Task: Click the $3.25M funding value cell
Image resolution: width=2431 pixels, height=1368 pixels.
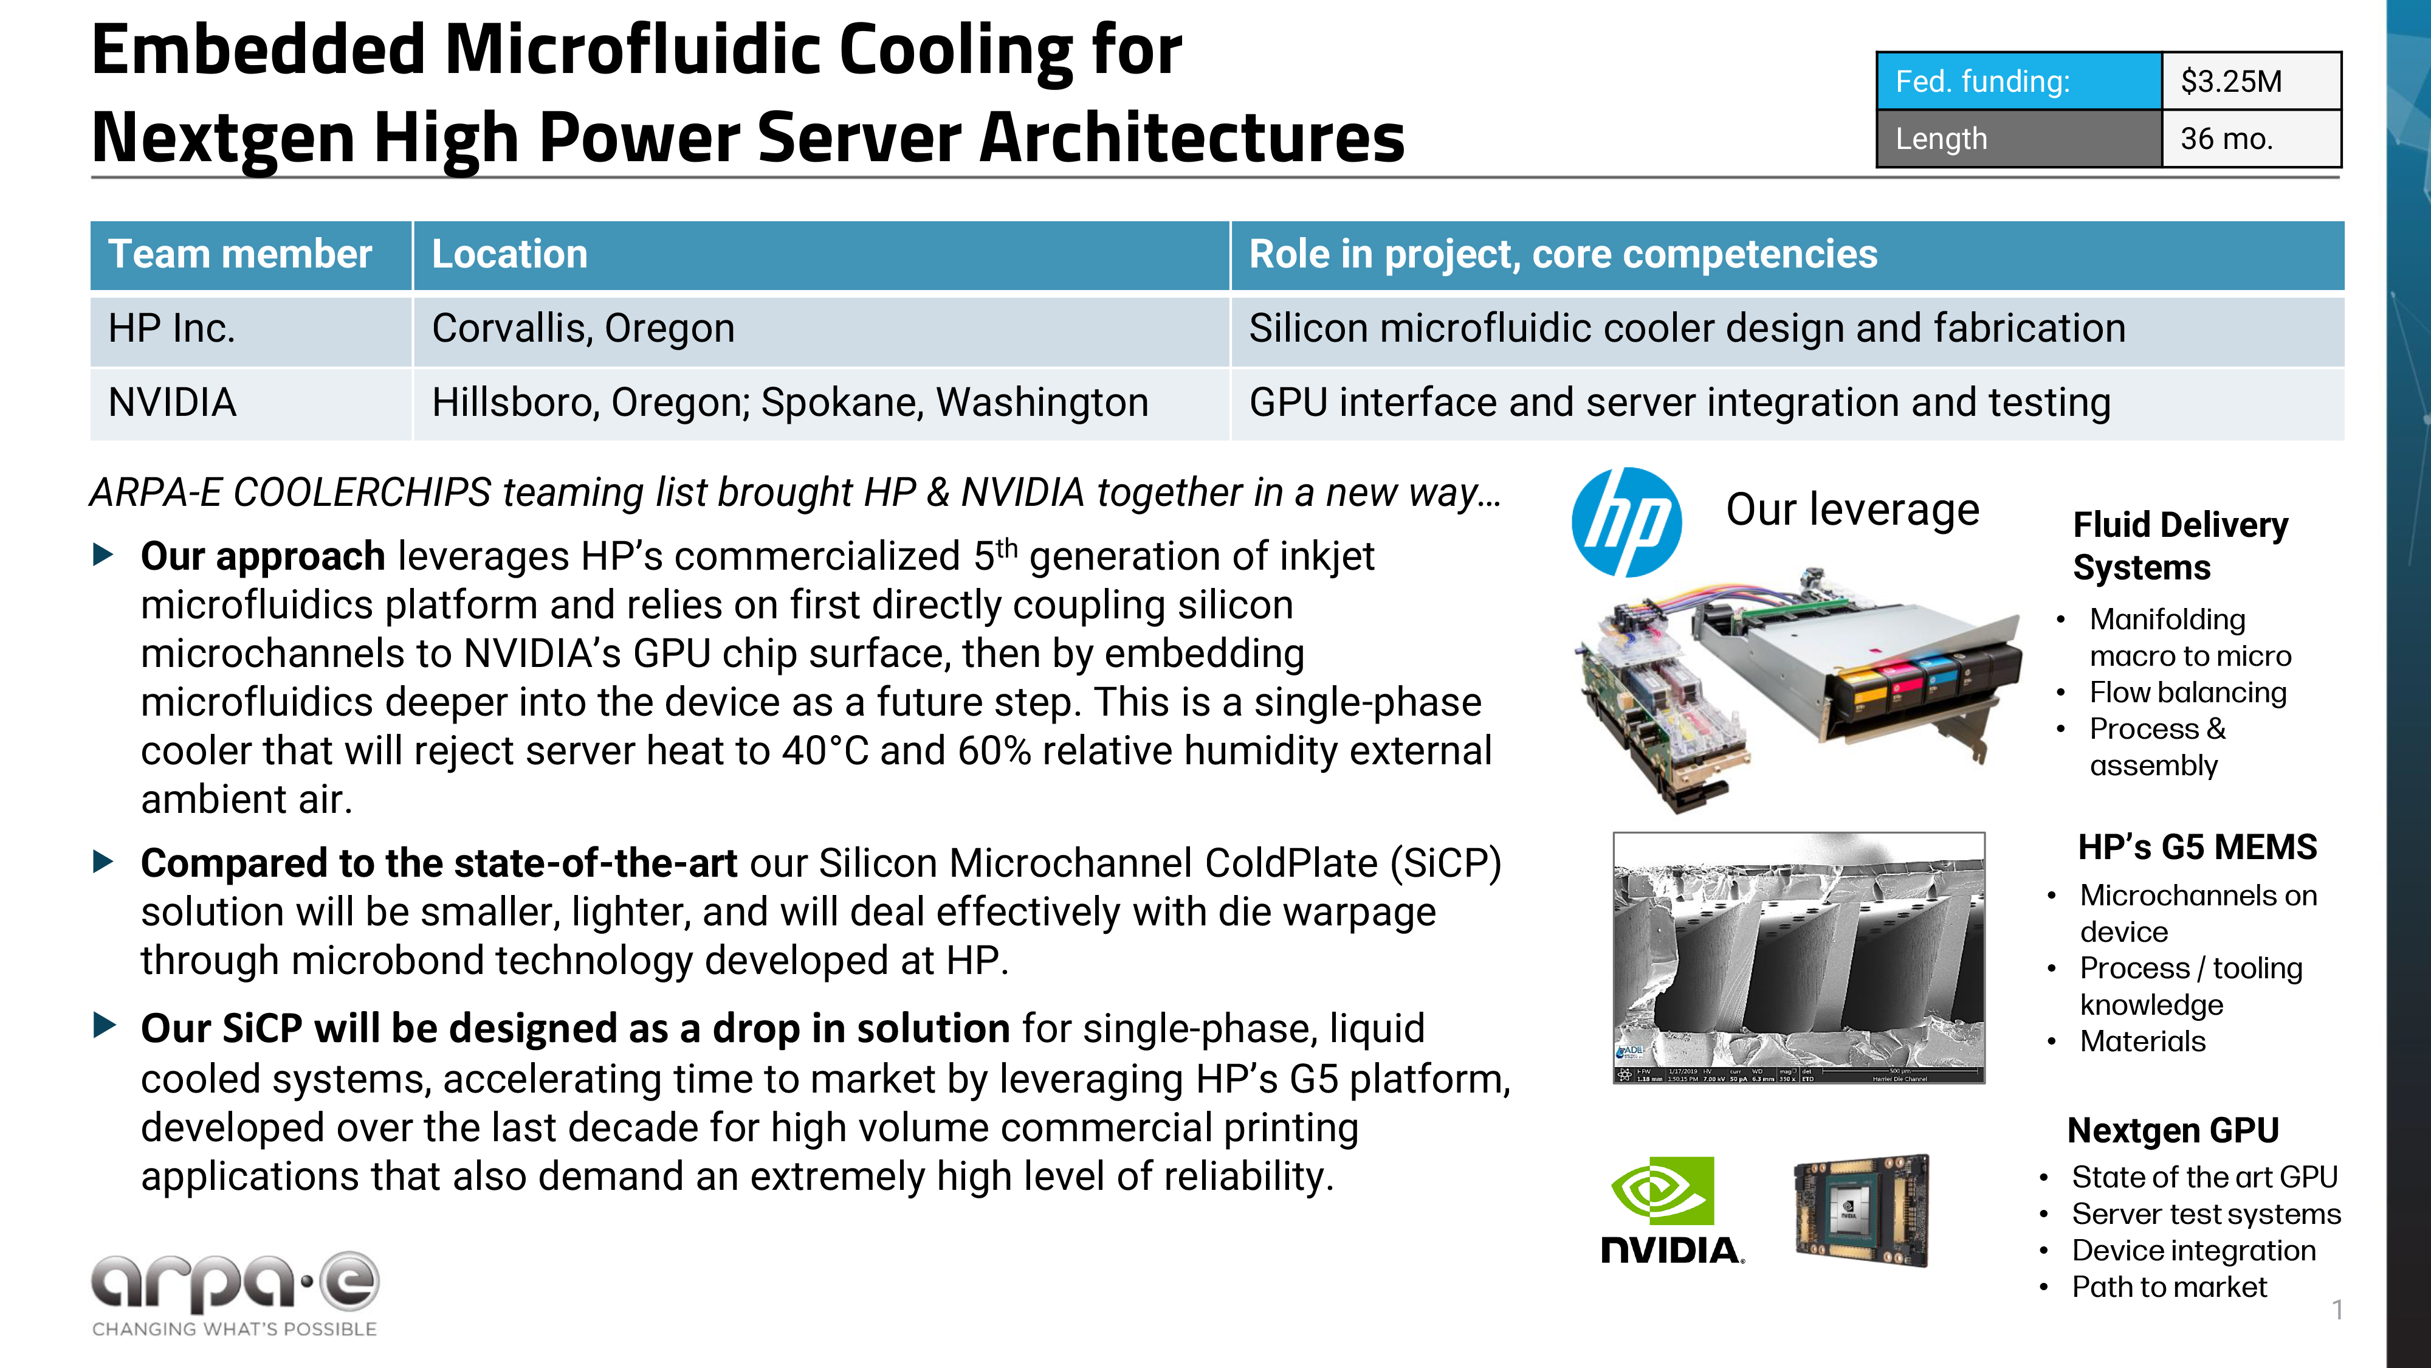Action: click(x=2250, y=81)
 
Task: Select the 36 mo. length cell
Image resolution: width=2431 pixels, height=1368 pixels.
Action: click(x=2250, y=139)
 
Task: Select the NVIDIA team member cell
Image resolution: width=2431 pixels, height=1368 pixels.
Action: click(x=173, y=403)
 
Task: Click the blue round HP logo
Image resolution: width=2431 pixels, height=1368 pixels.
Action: click(x=1626, y=522)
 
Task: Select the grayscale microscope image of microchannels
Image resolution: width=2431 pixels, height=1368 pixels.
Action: click(x=1799, y=958)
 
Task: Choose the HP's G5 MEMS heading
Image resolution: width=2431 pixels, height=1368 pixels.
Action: click(x=2197, y=847)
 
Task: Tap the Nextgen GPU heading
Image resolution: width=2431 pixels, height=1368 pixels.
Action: click(x=2173, y=1130)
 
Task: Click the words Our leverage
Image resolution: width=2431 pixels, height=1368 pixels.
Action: click(x=1852, y=510)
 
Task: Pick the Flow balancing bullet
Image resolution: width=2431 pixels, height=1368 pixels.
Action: click(x=2187, y=693)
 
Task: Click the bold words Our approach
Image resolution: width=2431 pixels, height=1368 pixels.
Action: click(x=263, y=557)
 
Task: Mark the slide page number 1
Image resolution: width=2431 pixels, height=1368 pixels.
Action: click(x=2337, y=1310)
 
